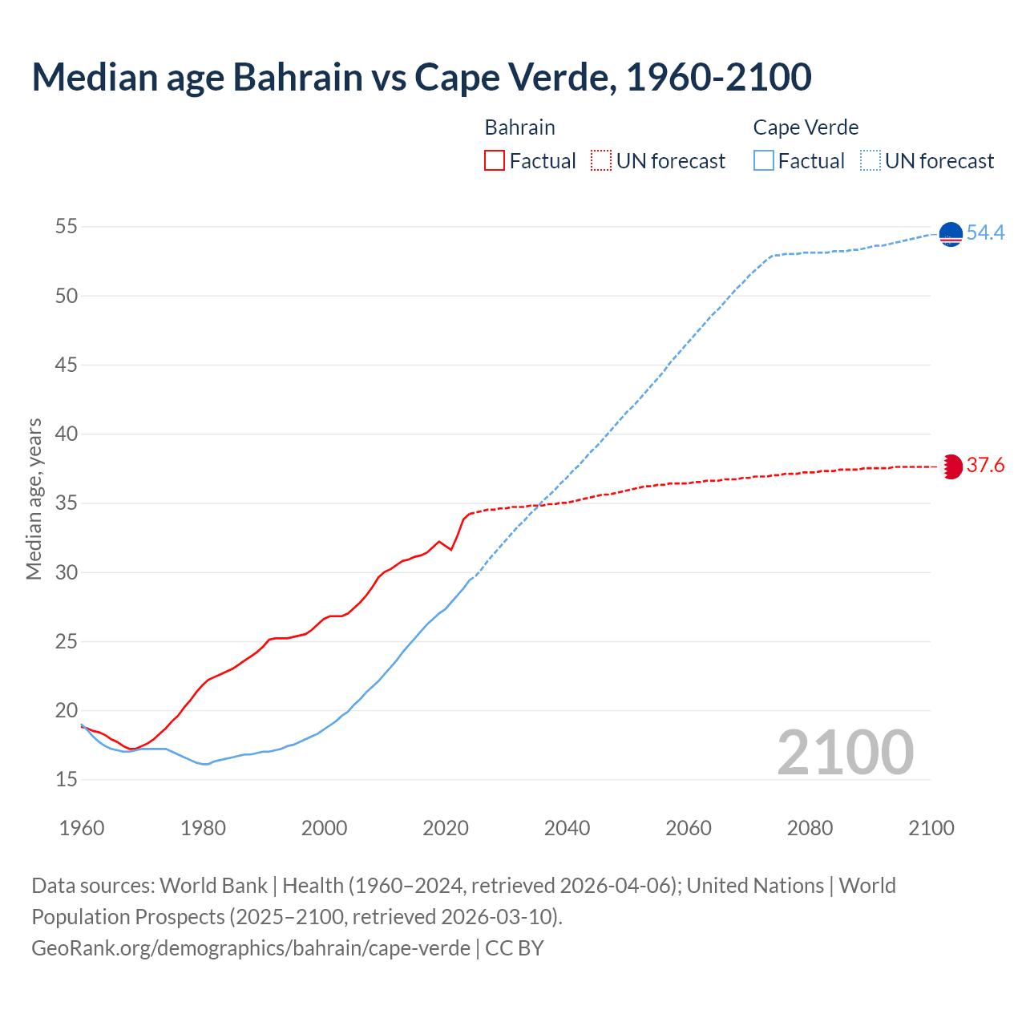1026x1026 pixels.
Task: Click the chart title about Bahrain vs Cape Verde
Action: point(421,77)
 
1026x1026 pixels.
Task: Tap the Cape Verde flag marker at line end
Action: point(951,234)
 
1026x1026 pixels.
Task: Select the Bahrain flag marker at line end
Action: point(951,467)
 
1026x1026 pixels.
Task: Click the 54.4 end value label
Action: point(985,233)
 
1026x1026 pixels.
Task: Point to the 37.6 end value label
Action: point(985,466)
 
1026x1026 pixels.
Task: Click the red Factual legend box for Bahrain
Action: point(495,161)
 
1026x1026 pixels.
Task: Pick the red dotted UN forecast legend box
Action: point(600,161)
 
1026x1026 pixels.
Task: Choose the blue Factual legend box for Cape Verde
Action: point(764,161)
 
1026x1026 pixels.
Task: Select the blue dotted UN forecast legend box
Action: point(870,161)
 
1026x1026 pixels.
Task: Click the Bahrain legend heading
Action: point(519,127)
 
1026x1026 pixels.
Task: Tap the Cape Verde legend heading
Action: point(806,127)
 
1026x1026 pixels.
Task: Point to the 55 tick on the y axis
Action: point(67,227)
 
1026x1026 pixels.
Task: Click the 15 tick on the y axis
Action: point(67,780)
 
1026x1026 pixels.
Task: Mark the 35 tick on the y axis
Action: point(67,503)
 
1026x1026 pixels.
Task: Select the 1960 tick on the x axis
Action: point(82,828)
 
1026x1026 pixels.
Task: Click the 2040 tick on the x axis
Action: point(567,828)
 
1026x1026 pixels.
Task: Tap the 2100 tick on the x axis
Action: point(931,828)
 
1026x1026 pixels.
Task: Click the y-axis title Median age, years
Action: point(34,499)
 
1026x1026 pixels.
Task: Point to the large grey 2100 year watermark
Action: point(845,753)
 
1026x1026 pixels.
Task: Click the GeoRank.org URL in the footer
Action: point(251,948)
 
